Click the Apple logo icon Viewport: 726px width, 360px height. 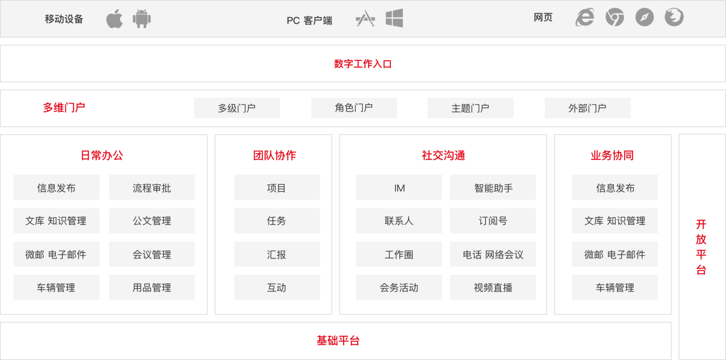[114, 19]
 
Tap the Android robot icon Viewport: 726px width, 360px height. [142, 19]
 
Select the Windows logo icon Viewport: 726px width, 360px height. [394, 19]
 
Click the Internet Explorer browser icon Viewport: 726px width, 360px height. [585, 18]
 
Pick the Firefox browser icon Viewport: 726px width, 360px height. [674, 18]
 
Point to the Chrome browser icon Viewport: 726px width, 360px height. [614, 18]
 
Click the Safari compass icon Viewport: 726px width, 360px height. [644, 18]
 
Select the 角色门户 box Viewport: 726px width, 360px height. [354, 108]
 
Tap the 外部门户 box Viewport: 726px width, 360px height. [587, 108]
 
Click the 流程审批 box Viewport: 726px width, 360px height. [152, 187]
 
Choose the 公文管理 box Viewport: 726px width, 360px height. [152, 221]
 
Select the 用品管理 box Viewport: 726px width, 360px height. [152, 287]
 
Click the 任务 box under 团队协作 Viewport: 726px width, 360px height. [277, 221]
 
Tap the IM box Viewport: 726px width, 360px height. [399, 187]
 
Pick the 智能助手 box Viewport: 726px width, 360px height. [493, 187]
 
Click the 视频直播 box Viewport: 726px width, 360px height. [493, 287]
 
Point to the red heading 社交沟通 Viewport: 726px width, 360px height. [443, 155]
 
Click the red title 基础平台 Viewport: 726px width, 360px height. [338, 341]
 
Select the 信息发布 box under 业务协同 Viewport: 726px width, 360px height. [615, 187]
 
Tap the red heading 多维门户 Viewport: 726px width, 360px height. [64, 107]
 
